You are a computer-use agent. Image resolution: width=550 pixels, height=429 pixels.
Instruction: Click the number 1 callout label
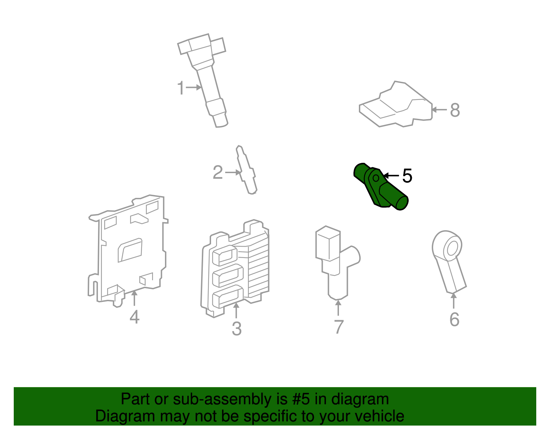181,88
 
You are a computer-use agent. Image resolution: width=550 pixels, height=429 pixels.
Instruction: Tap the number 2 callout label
218,172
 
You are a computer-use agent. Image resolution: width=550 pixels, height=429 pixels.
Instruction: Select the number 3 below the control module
236,329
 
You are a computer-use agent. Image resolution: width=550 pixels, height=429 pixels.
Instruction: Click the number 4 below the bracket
134,317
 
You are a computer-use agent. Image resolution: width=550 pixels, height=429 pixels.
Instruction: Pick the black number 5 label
407,176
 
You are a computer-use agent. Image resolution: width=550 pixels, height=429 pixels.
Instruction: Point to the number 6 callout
454,319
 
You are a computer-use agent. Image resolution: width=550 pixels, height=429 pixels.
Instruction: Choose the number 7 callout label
339,327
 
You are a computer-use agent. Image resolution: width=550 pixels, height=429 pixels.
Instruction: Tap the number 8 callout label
455,110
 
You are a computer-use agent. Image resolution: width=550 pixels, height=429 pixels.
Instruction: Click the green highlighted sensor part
382,187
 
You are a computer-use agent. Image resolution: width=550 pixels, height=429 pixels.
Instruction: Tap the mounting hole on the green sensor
376,178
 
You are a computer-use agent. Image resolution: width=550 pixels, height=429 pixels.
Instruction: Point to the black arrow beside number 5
391,176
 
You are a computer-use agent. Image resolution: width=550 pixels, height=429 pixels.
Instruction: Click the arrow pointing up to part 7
338,307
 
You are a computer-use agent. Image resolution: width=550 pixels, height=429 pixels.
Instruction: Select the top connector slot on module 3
225,256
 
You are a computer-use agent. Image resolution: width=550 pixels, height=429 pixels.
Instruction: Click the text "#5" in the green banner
301,399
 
